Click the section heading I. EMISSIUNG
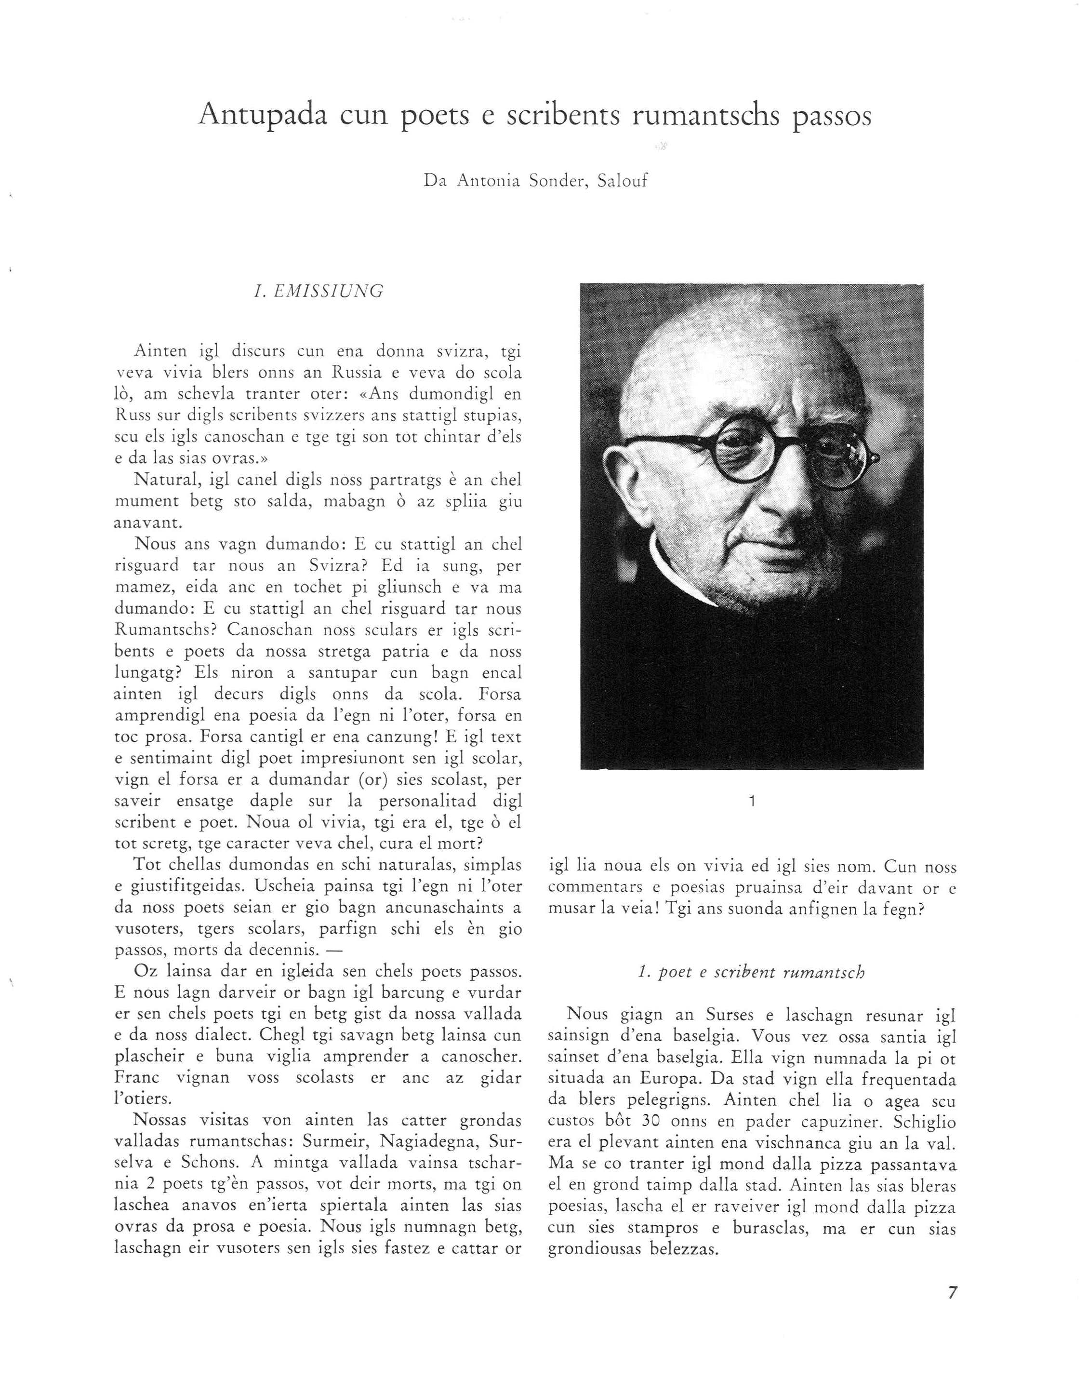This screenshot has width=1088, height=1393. point(318,292)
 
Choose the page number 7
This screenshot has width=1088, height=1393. point(952,1293)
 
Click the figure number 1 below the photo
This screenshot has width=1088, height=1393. point(753,801)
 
